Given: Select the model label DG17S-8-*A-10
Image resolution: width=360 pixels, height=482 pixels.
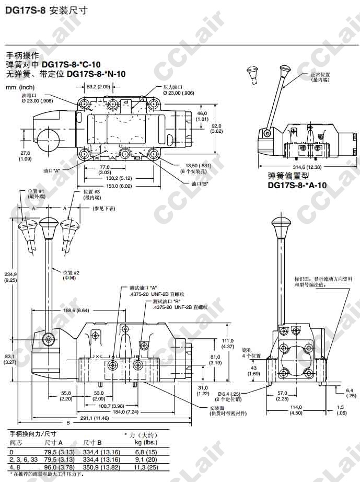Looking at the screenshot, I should tap(297, 185).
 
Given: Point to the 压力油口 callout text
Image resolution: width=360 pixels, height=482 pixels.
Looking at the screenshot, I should tap(173, 89).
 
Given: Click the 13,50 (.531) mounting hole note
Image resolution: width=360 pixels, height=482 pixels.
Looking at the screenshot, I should tap(198, 167).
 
